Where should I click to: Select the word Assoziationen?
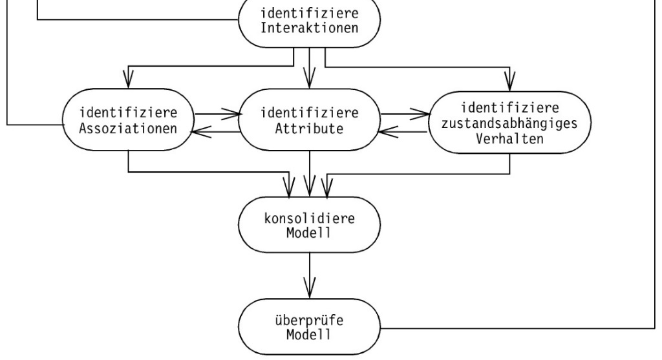point(129,126)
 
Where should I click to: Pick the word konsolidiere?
point(310,220)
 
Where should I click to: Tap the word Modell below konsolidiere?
point(310,233)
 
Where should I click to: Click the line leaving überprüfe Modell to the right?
point(517,329)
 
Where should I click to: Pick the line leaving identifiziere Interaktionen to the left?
point(129,19)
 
